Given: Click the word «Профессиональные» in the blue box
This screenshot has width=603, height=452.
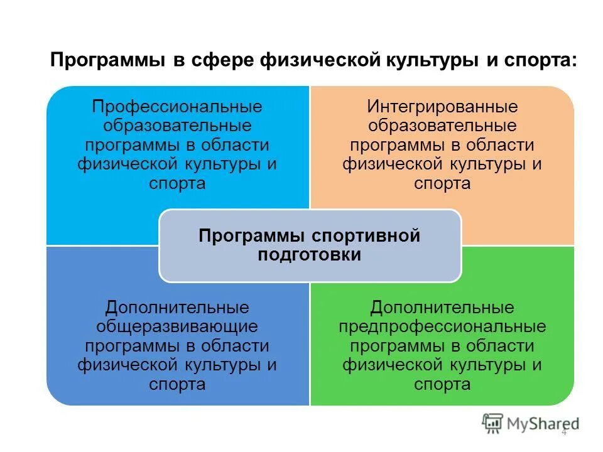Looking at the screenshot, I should coord(177,107).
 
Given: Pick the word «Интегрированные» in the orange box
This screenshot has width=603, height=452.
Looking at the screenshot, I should coord(442,107).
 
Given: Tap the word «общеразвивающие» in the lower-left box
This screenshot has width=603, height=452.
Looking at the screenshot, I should coord(177,327).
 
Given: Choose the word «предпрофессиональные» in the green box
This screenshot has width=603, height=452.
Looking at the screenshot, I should coord(442,327).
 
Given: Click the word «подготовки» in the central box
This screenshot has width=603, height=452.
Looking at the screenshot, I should coord(310,255).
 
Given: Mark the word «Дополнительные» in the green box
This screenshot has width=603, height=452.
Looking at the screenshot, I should coord(442,308).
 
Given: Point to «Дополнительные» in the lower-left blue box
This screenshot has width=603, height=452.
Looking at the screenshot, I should coord(177,308).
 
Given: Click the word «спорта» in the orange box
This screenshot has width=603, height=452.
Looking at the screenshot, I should coord(442,184).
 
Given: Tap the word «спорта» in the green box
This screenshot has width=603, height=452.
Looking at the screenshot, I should coord(442,384).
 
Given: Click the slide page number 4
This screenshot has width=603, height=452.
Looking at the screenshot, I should coord(563,432).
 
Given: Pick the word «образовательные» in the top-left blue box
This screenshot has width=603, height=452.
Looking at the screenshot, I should coord(177,126).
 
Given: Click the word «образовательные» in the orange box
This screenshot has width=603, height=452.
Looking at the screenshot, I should coord(442,126).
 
